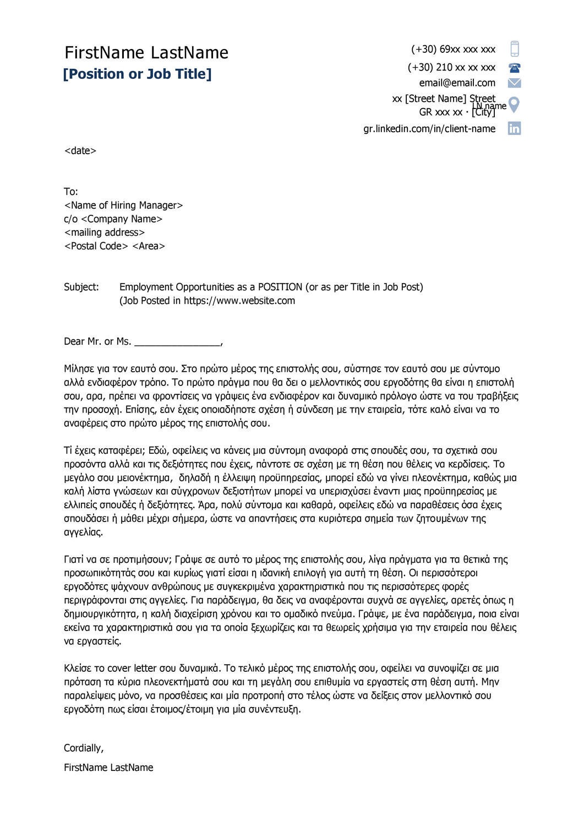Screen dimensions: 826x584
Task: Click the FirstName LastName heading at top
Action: pyautogui.click(x=146, y=53)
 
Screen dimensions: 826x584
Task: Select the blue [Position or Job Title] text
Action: pyautogui.click(x=137, y=74)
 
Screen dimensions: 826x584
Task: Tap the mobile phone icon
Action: pyautogui.click(x=514, y=49)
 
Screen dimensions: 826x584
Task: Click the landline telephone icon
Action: pyautogui.click(x=514, y=68)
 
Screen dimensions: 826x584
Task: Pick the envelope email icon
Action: pyautogui.click(x=514, y=83)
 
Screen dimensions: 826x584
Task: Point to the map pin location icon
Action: pyautogui.click(x=514, y=104)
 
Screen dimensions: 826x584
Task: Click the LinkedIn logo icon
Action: pyautogui.click(x=514, y=128)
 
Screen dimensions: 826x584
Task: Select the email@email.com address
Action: pyautogui.click(x=457, y=83)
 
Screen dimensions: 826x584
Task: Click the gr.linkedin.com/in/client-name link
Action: pyautogui.click(x=429, y=129)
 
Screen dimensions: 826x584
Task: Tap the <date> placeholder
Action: pyautogui.click(x=80, y=151)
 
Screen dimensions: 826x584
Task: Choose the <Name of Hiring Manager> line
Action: pyautogui.click(x=123, y=205)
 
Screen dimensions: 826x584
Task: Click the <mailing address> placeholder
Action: pyautogui.click(x=105, y=232)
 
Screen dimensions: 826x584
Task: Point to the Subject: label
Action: pyautogui.click(x=81, y=287)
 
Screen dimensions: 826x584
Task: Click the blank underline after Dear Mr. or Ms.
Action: pyautogui.click(x=177, y=343)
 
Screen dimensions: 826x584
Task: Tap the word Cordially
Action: pyautogui.click(x=83, y=748)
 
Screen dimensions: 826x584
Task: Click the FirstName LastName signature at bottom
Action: pyautogui.click(x=108, y=768)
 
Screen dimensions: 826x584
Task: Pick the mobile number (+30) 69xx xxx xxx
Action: pyautogui.click(x=453, y=50)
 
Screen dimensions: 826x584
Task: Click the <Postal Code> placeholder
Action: pyautogui.click(x=96, y=246)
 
